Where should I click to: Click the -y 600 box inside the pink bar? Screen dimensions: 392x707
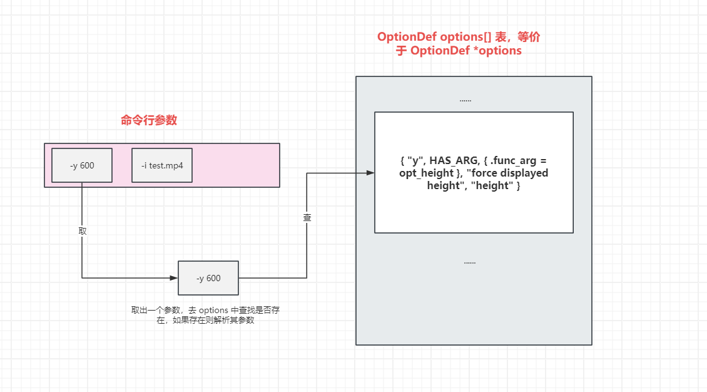(x=82, y=165)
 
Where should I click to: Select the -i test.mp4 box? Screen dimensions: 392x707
(x=161, y=165)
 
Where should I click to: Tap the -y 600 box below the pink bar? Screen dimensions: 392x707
(x=208, y=278)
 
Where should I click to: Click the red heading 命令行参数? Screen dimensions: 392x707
(x=149, y=120)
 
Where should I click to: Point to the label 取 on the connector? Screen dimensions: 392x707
(x=83, y=230)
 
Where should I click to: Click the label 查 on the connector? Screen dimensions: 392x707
(x=307, y=217)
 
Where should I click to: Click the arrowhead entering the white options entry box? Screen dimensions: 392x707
(x=370, y=173)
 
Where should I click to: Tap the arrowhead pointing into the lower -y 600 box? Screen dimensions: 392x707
(x=174, y=278)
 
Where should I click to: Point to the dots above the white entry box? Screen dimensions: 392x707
(x=465, y=100)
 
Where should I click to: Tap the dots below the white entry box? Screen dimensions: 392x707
(x=469, y=262)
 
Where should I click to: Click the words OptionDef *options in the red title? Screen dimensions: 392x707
(x=465, y=51)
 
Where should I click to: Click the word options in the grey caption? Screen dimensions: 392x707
(x=213, y=310)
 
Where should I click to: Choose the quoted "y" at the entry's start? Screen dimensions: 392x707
(x=415, y=160)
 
